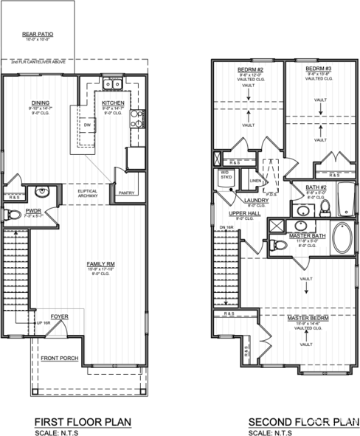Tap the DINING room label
[x=41, y=103]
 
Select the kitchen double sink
[x=113, y=83]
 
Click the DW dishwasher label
[x=86, y=125]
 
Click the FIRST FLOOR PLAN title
[x=83, y=421]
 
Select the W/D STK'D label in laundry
[x=224, y=176]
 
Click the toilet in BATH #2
[x=325, y=210]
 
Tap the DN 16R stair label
[x=226, y=226]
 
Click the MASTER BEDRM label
[x=308, y=317]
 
